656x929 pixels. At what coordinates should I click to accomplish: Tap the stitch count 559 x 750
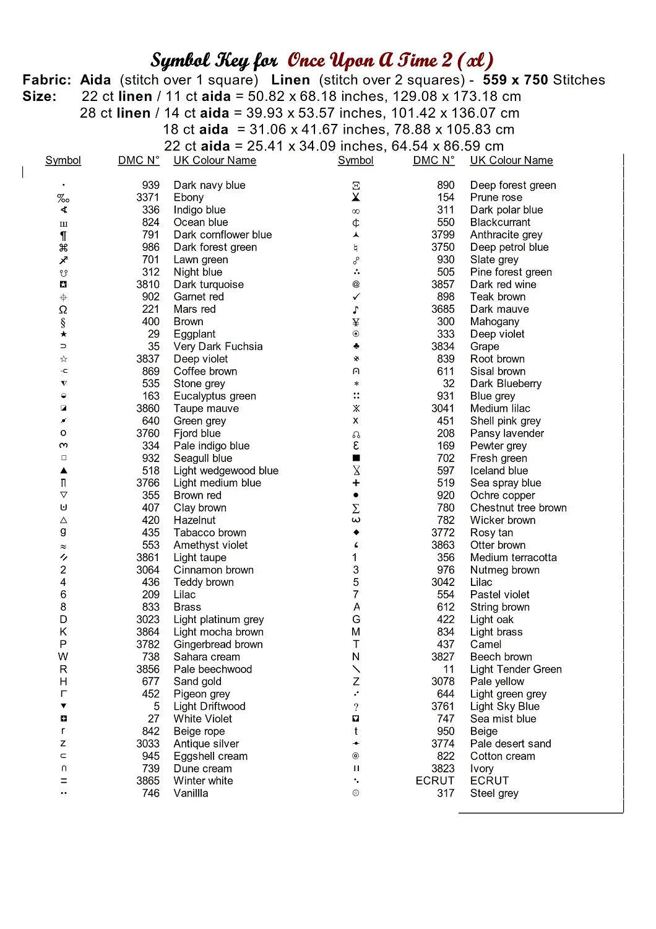515,80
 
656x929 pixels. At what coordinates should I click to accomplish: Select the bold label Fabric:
47,80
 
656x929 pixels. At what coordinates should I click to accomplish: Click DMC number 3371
148,198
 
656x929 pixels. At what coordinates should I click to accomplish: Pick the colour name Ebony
189,198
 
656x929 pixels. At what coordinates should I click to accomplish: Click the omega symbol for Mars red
63,310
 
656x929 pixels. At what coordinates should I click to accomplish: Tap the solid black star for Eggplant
63,334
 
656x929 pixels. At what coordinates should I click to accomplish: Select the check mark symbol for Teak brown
356,297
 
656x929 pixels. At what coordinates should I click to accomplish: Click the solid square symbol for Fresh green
356,458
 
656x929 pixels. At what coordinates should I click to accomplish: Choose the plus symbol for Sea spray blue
356,483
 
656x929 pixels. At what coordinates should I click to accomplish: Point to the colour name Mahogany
494,322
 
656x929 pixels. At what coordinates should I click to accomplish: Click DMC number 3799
443,235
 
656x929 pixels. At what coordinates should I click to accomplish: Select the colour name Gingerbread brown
218,645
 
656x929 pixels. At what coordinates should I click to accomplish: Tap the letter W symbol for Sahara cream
63,656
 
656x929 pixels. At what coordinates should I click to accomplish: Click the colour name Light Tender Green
516,669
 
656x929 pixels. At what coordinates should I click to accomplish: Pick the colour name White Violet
203,719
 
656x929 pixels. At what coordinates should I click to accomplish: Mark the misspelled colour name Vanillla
191,793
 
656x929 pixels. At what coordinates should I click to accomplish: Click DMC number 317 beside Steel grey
446,793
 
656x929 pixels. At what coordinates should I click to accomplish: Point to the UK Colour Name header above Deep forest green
511,160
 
